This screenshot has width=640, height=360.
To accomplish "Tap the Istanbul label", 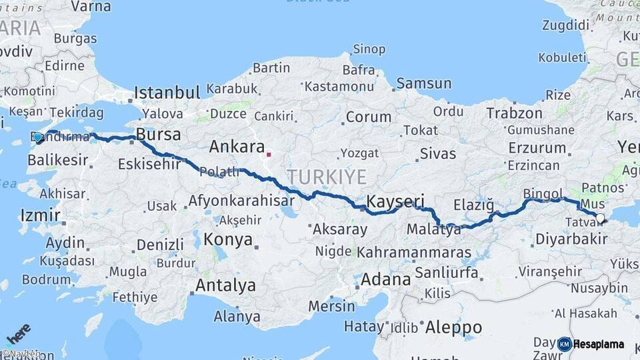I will pyautogui.click(x=167, y=93).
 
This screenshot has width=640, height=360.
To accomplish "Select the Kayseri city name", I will pyautogui.click(x=395, y=201).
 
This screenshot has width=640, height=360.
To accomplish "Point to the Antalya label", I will pyautogui.click(x=225, y=285).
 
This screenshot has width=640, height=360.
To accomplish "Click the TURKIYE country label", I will pyautogui.click(x=327, y=177).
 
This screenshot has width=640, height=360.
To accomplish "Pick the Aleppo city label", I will pyautogui.click(x=453, y=327).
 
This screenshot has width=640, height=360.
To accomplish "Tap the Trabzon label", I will pyautogui.click(x=514, y=113).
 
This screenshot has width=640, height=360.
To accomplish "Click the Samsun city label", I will pyautogui.click(x=423, y=83).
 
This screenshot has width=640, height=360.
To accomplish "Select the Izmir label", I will pyautogui.click(x=41, y=215).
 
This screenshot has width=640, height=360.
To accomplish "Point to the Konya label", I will pyautogui.click(x=228, y=239).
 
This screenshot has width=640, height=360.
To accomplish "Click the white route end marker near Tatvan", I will pyautogui.click(x=600, y=218).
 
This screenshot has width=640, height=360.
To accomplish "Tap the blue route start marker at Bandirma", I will pyautogui.click(x=38, y=138).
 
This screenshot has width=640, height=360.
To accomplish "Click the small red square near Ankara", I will pyautogui.click(x=268, y=155).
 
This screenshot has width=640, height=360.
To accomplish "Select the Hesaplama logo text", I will pyautogui.click(x=598, y=345).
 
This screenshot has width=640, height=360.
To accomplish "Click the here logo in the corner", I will pyautogui.click(x=17, y=333).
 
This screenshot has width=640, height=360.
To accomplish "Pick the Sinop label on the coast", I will pyautogui.click(x=369, y=49).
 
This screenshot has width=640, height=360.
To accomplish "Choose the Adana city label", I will pyautogui.click(x=386, y=279).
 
